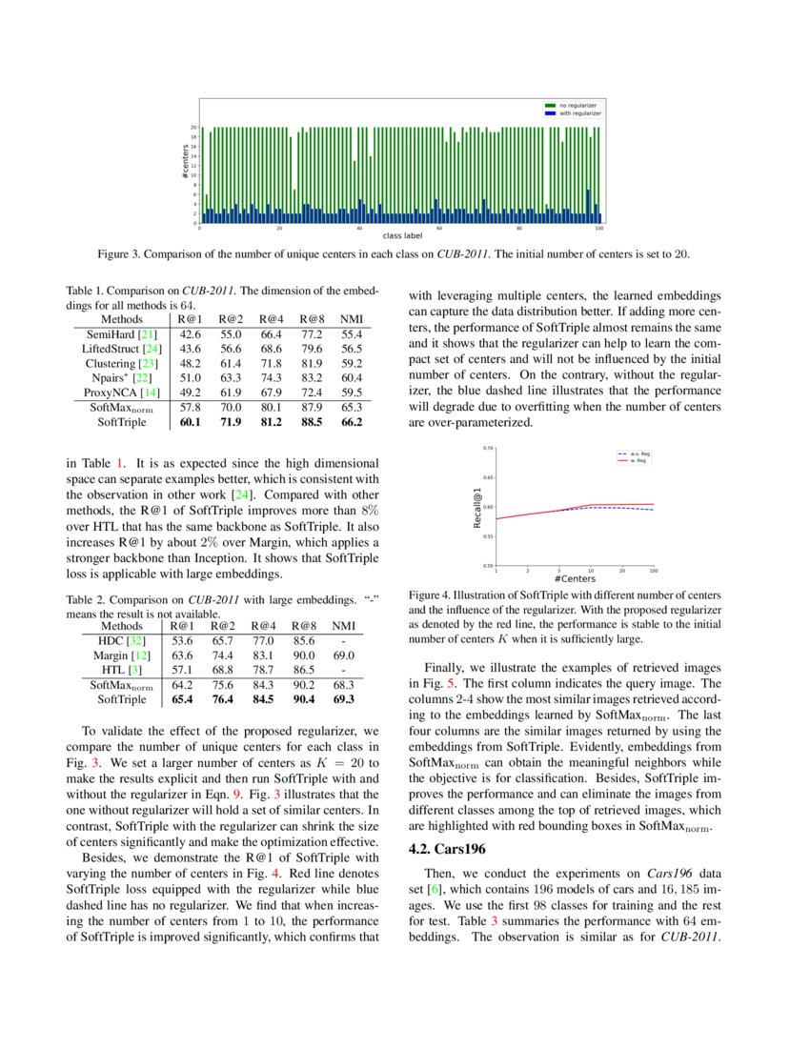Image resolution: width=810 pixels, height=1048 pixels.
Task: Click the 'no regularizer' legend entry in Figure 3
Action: pyautogui.click(x=578, y=105)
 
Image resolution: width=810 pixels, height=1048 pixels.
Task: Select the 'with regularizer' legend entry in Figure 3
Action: pyautogui.click(x=580, y=113)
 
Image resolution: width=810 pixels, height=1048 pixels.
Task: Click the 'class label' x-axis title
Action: pyautogui.click(x=400, y=234)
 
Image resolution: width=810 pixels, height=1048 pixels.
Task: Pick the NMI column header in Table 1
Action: pyautogui.click(x=352, y=319)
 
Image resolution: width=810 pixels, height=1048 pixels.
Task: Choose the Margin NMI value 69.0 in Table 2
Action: pyautogui.click(x=344, y=655)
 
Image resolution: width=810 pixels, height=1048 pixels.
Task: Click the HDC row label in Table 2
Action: pyautogui.click(x=122, y=641)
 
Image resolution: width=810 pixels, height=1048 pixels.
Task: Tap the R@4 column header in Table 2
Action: pyautogui.click(x=264, y=626)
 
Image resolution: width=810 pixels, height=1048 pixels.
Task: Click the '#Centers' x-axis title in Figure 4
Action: pyautogui.click(x=575, y=578)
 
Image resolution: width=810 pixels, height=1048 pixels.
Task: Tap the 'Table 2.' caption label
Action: pyautogui.click(x=88, y=601)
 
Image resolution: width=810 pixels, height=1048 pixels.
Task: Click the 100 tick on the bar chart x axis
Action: pyautogui.click(x=598, y=229)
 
